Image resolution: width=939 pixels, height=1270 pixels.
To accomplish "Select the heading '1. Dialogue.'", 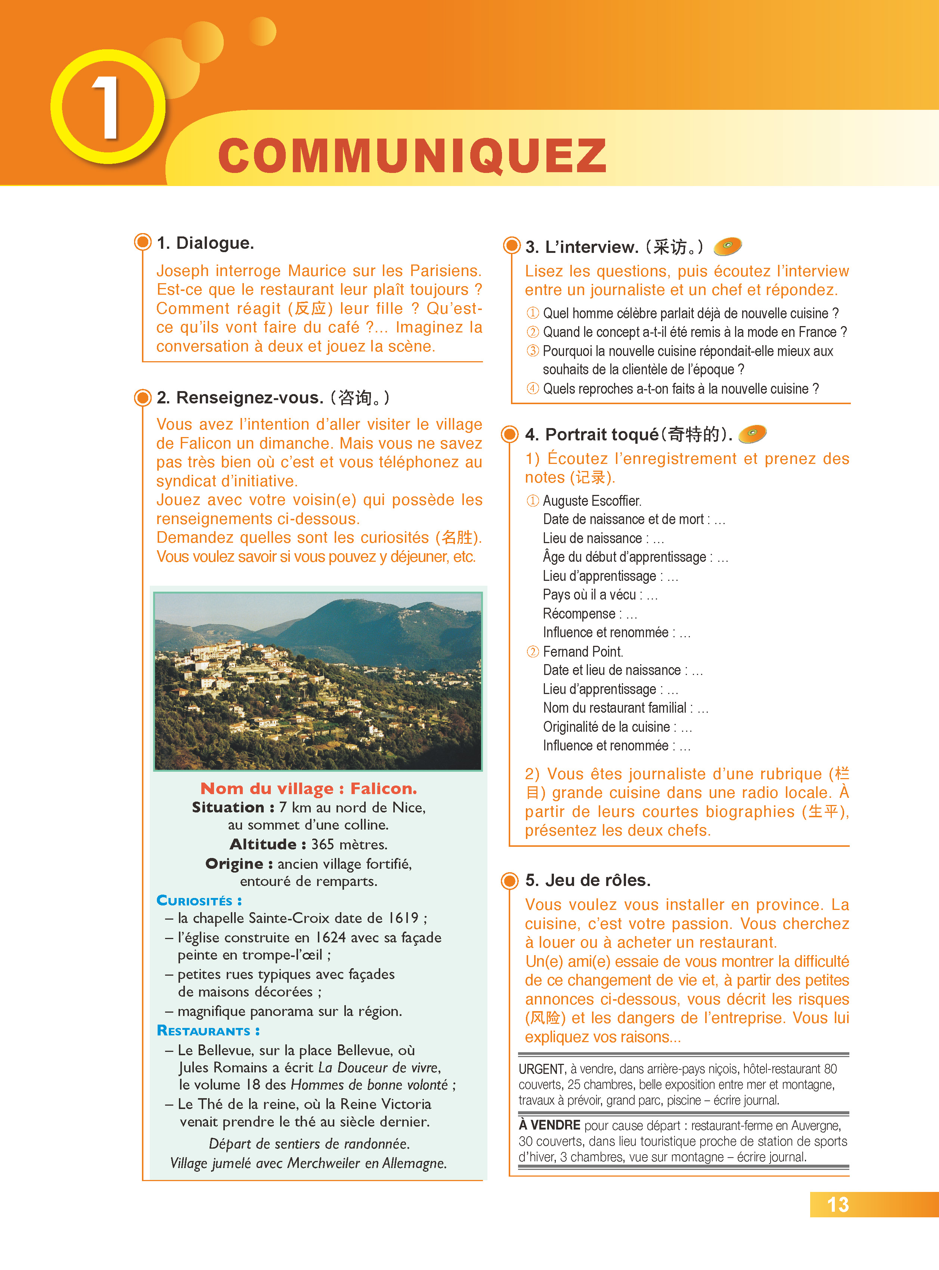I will pyautogui.click(x=205, y=243).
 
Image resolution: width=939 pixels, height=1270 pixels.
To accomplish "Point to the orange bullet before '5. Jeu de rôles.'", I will pyautogui.click(x=510, y=880).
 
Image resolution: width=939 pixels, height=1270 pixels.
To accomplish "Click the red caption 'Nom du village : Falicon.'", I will pyautogui.click(x=309, y=789).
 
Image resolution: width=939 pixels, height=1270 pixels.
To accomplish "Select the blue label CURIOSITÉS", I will pyautogui.click(x=199, y=901).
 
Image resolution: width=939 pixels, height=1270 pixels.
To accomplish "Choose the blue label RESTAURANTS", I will pyautogui.click(x=208, y=1031).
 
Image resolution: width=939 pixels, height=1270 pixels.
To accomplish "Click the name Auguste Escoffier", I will pyautogui.click(x=592, y=501).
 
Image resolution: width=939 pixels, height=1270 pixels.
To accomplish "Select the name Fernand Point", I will pyautogui.click(x=583, y=651).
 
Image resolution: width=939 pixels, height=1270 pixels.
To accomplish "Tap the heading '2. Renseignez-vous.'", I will pyautogui.click(x=239, y=397).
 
